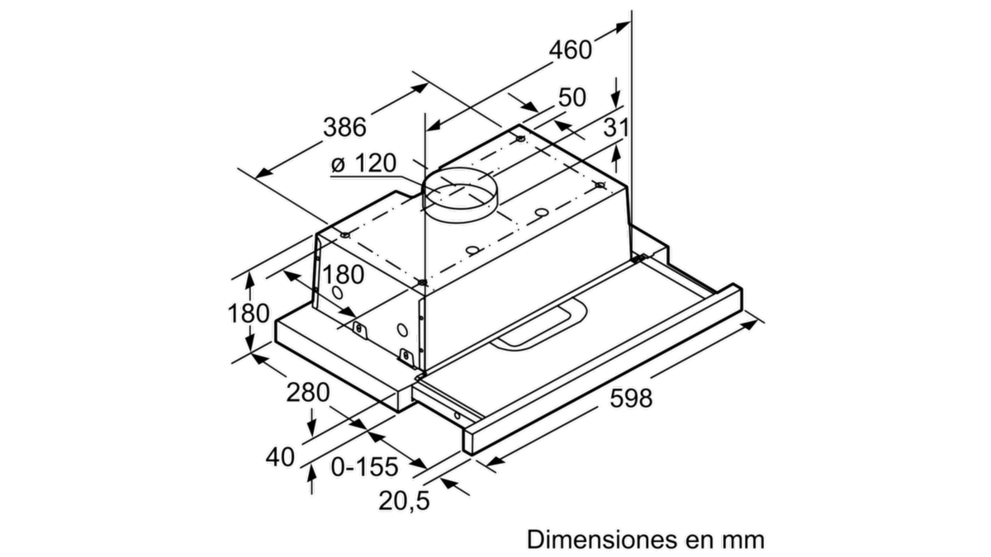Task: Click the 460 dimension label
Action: coord(571,50)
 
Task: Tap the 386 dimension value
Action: coord(344,127)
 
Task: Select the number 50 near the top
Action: coord(572,97)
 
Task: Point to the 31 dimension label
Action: coord(616,128)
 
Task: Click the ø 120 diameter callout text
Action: coord(363,163)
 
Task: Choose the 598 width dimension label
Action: coord(631,398)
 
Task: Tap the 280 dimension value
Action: coord(308,392)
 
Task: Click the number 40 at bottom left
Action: coord(280,456)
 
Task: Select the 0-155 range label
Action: coord(364,467)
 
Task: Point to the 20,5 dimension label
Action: coord(404,502)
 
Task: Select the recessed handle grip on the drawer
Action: coord(539,324)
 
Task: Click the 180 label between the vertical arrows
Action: coord(249,314)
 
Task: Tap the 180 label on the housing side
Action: coord(344,275)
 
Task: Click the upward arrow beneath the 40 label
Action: coord(312,479)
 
